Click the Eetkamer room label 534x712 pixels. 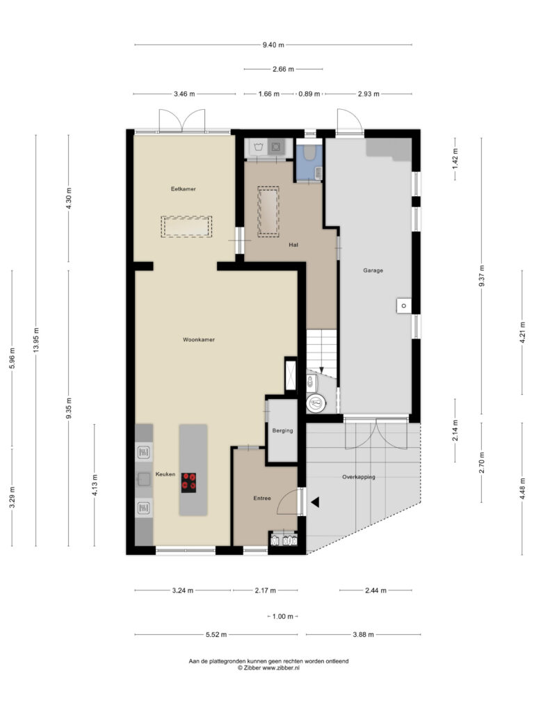pyautogui.click(x=183, y=189)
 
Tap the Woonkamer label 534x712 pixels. pyautogui.click(x=198, y=339)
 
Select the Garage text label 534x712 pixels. pyautogui.click(x=373, y=270)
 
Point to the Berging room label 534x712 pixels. pyautogui.click(x=282, y=430)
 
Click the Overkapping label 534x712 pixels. pyautogui.click(x=358, y=477)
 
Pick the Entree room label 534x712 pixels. pyautogui.click(x=262, y=498)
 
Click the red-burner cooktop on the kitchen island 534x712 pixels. pyautogui.click(x=189, y=483)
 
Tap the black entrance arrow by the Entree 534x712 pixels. pyautogui.click(x=315, y=502)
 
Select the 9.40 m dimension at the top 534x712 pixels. pyautogui.click(x=273, y=44)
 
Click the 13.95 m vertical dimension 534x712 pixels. pyautogui.click(x=36, y=339)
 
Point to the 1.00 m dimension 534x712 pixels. pyautogui.click(x=283, y=616)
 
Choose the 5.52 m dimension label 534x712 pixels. pyautogui.click(x=216, y=634)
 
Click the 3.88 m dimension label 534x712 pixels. pyautogui.click(x=363, y=634)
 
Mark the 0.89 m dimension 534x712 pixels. pyautogui.click(x=309, y=94)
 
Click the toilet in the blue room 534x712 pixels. pyautogui.click(x=309, y=152)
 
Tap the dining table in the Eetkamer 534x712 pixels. pyautogui.click(x=186, y=227)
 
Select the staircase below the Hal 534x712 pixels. pyautogui.click(x=321, y=353)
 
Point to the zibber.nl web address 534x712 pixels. pyautogui.click(x=281, y=668)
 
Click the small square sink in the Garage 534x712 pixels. pyautogui.click(x=403, y=306)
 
